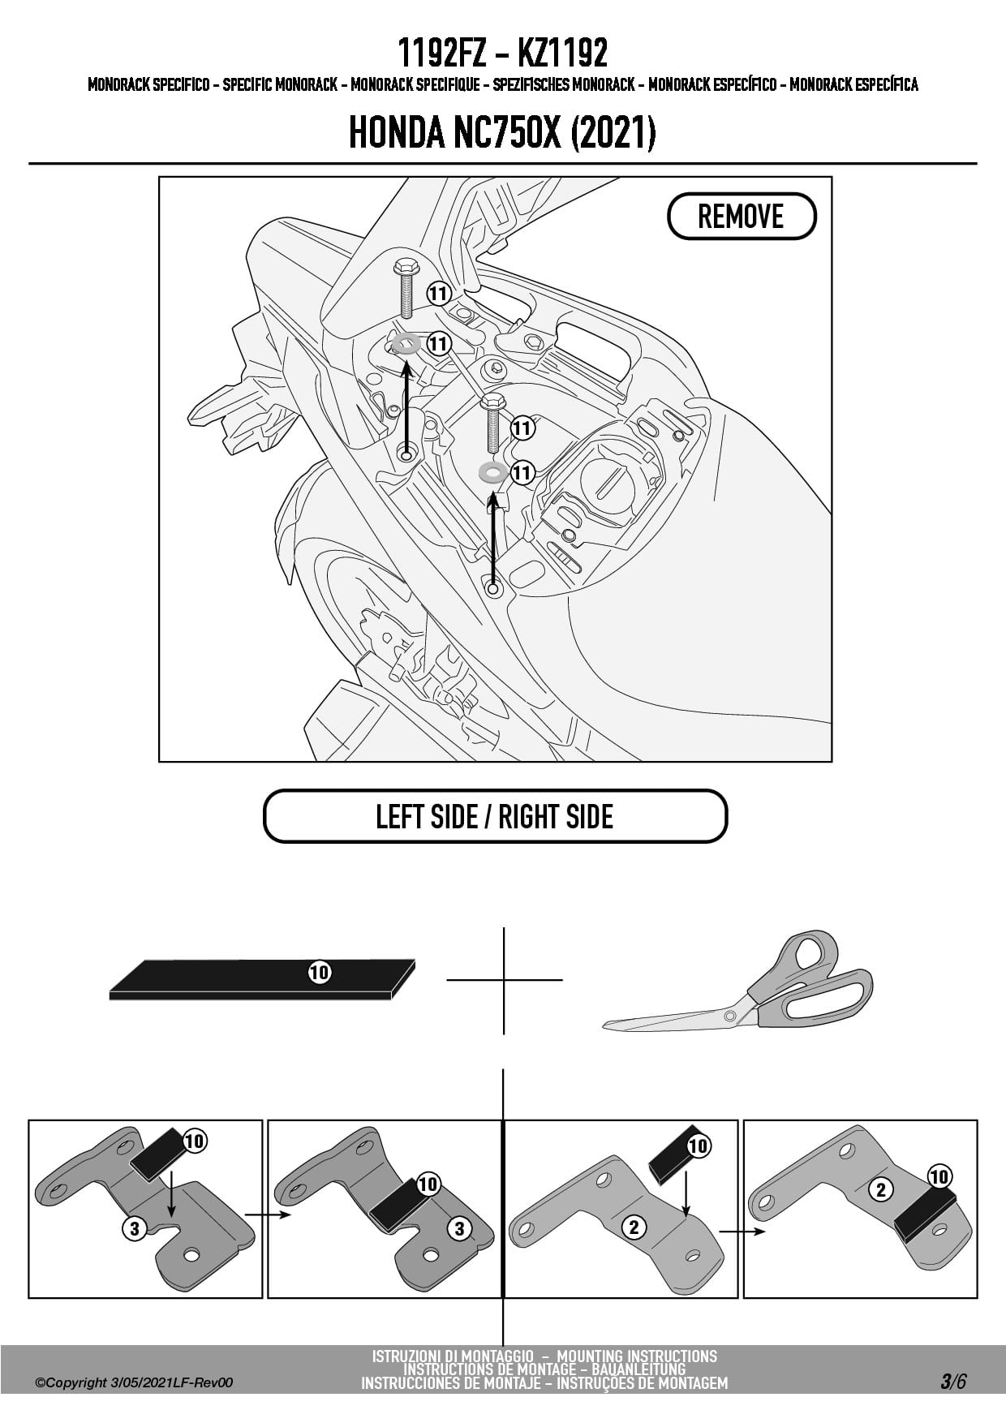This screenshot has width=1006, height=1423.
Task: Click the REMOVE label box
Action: point(741,217)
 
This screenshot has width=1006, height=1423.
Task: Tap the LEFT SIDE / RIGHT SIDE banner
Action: point(495,816)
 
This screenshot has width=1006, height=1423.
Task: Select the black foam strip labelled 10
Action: point(260,979)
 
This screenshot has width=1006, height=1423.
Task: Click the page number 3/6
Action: point(953,1382)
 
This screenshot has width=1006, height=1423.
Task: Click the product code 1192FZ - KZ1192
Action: point(502,54)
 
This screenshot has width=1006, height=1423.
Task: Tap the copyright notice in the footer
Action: point(134,1382)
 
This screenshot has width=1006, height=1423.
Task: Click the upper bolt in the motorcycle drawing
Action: point(403,288)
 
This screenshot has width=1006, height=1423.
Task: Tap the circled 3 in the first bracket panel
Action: point(135,1228)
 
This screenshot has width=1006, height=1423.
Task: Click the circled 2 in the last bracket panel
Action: point(880,1190)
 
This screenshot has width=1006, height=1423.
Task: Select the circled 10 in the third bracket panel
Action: point(698,1146)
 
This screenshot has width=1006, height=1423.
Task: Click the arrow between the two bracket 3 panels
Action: point(266,1214)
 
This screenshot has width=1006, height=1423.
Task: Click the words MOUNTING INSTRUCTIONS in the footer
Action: point(637,1356)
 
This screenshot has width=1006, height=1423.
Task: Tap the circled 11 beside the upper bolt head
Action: point(438,293)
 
